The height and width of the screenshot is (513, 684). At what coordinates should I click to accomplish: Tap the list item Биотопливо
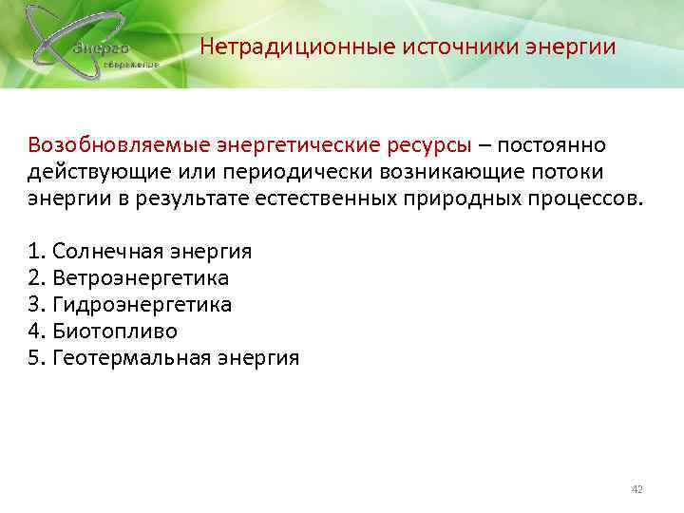(x=115, y=332)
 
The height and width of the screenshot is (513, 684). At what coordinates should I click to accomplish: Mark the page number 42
(x=636, y=489)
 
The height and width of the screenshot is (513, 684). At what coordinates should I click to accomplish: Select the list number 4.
(x=36, y=332)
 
